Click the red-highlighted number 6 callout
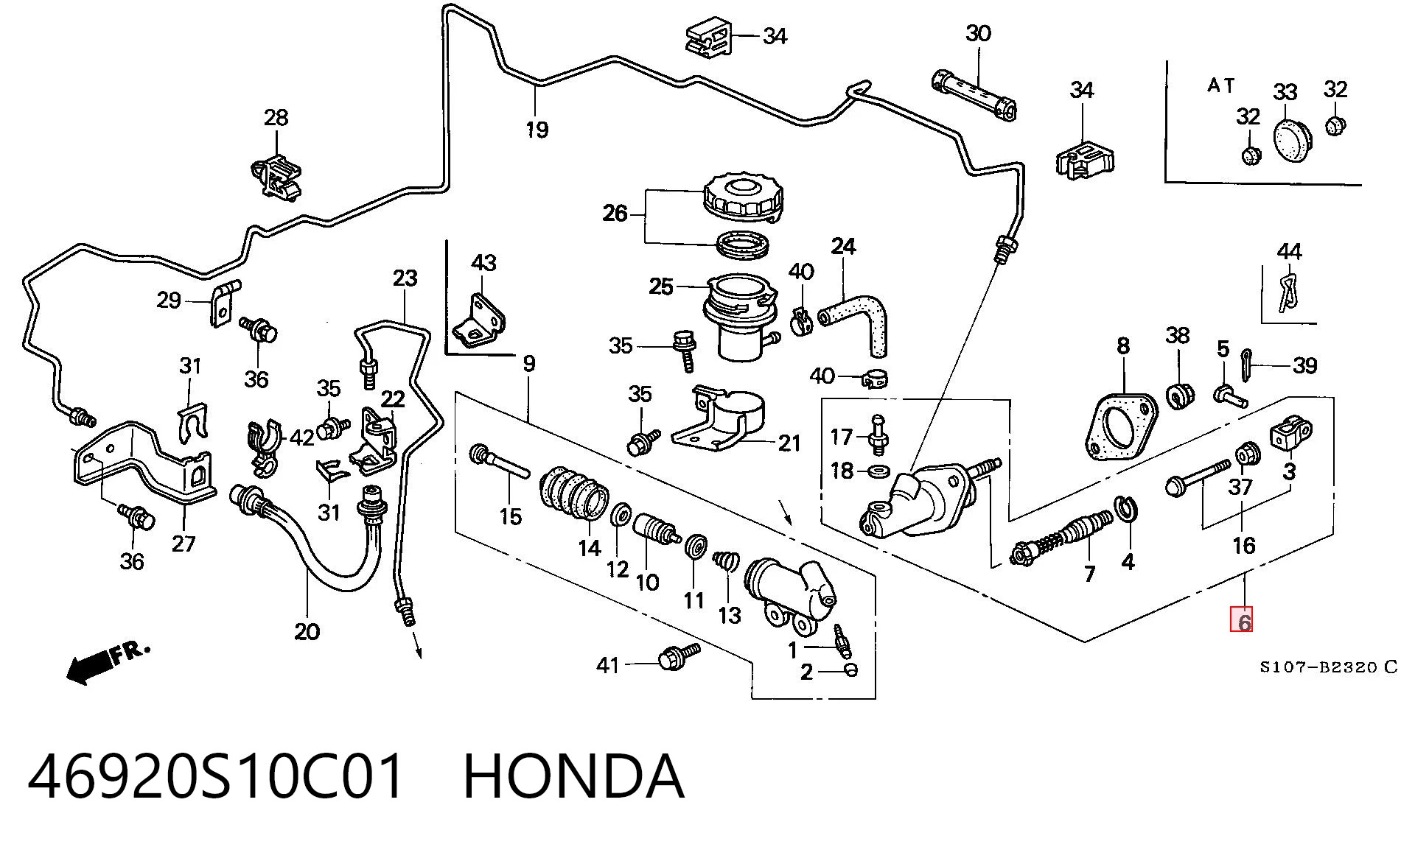[x=1241, y=619]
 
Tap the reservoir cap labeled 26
[x=742, y=196]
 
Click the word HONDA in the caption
[x=573, y=776]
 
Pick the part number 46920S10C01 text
[x=216, y=776]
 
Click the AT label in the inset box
[x=1220, y=85]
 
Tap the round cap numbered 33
[x=1290, y=139]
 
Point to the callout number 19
[x=537, y=130]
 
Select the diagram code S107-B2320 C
[x=1328, y=667]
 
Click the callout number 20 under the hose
[x=307, y=631]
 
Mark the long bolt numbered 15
[x=500, y=460]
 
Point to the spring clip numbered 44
[x=1286, y=292]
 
